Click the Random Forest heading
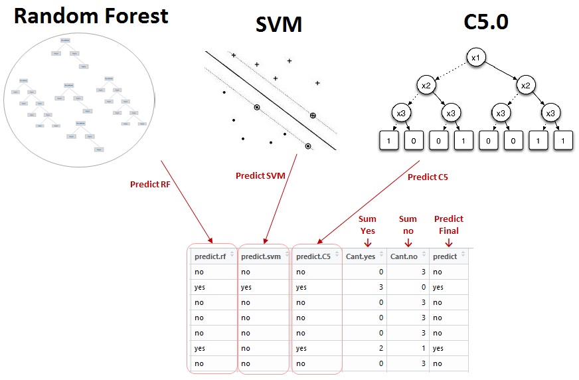(90, 16)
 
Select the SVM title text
(279, 25)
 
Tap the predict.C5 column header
(315, 256)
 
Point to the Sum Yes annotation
(367, 225)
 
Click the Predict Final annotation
(448, 225)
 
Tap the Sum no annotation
(408, 225)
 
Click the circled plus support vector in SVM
(313, 116)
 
